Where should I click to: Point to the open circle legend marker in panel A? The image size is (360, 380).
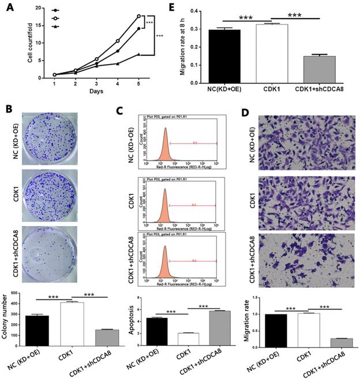(x=55, y=18)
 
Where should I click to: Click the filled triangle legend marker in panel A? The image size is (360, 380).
(x=55, y=27)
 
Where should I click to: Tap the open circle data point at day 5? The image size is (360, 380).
(x=138, y=16)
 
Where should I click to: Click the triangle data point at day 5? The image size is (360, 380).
(x=138, y=54)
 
